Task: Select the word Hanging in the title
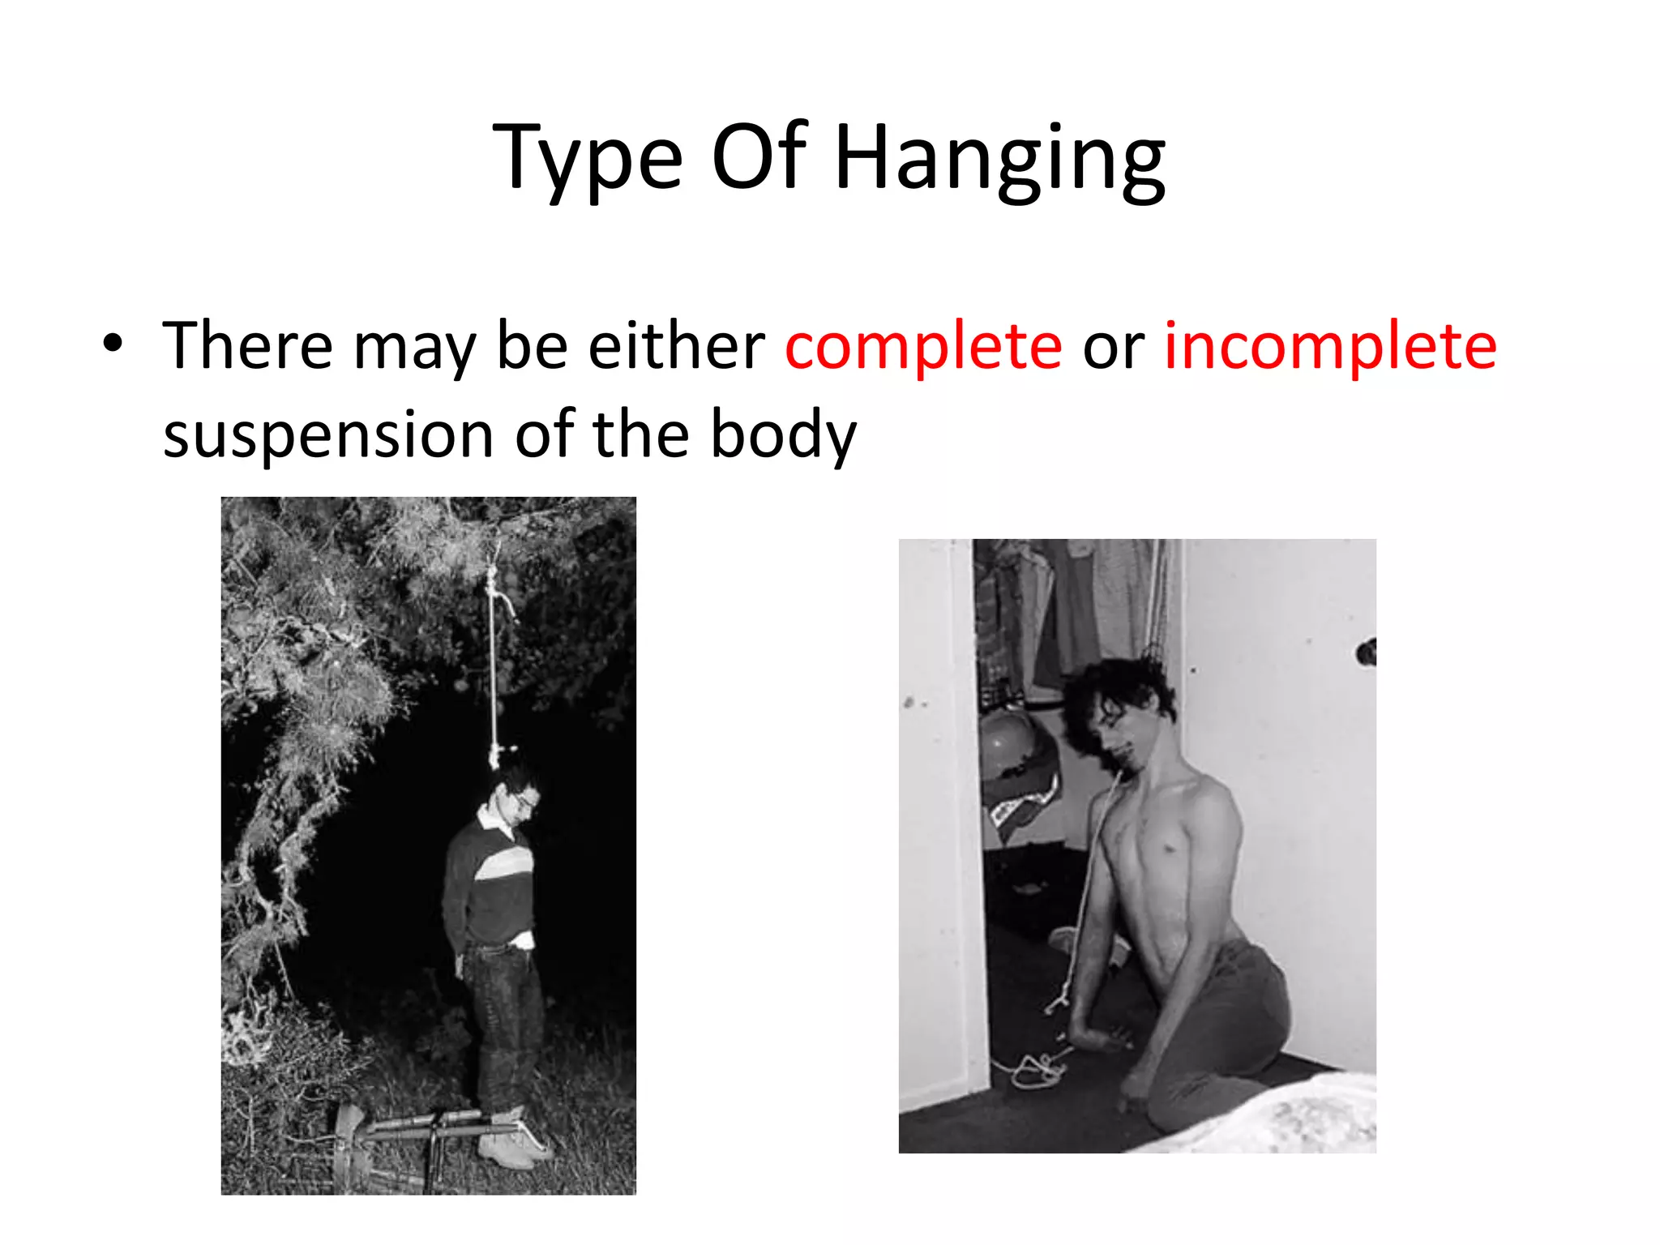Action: [x=999, y=158]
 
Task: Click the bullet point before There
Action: [x=113, y=344]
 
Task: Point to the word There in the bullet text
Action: [x=247, y=346]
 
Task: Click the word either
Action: [x=675, y=346]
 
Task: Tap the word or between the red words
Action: [x=1113, y=349]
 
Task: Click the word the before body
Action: [x=640, y=434]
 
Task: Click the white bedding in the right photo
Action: [x=1281, y=1119]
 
